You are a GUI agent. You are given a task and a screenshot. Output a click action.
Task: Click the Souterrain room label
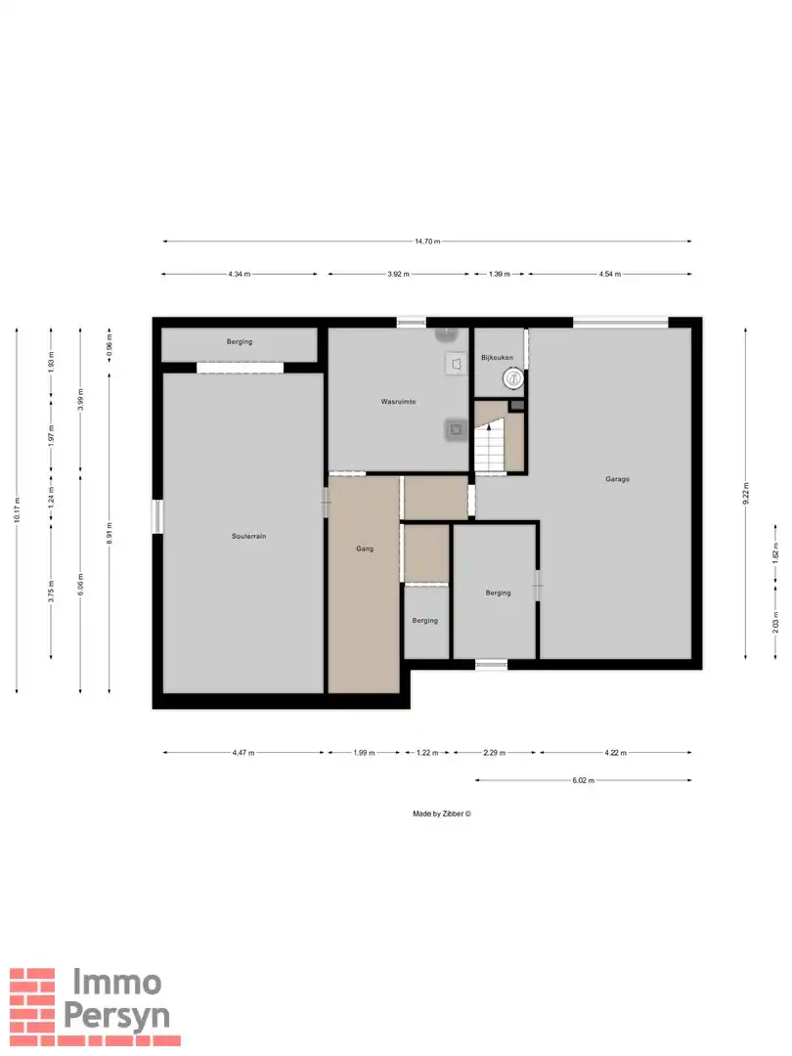[x=248, y=536]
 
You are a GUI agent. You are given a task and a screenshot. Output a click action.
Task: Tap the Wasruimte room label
[x=398, y=402]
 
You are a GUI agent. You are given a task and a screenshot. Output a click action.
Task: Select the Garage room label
[x=617, y=479]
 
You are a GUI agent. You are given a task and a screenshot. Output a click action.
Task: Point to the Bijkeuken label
[x=497, y=358]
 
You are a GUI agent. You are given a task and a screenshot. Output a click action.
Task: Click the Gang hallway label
[x=365, y=549]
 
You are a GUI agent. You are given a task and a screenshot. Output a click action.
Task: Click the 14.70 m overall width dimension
[x=427, y=242]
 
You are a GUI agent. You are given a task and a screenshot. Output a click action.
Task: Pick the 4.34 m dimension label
[x=240, y=274]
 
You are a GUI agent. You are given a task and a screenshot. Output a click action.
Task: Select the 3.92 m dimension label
[x=398, y=274]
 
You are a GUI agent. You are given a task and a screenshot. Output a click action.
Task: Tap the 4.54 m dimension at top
[x=609, y=274]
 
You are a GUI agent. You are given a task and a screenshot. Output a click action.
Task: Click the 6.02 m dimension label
[x=583, y=780]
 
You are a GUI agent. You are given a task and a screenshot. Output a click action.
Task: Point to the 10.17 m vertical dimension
[x=17, y=509]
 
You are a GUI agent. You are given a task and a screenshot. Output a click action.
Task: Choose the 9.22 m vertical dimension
[x=745, y=493]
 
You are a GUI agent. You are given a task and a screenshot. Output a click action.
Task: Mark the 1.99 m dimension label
[x=364, y=753]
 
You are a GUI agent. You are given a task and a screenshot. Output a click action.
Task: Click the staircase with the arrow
[x=489, y=445]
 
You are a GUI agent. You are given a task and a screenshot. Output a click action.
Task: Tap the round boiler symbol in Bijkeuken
[x=513, y=378]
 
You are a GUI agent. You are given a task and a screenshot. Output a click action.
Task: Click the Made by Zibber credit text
[x=442, y=814]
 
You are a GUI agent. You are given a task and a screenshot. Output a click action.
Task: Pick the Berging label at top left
[x=240, y=342]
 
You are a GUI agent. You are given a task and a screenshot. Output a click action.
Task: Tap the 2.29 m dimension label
[x=494, y=753]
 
